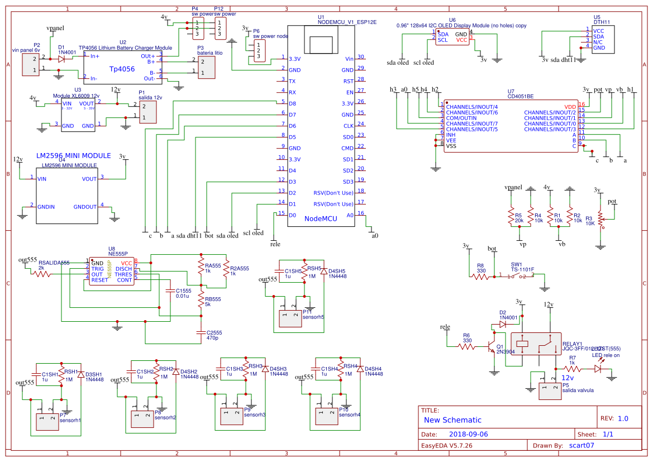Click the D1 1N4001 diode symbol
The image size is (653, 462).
(61, 59)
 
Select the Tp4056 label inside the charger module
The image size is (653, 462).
(121, 69)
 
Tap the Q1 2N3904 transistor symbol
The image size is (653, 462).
(492, 346)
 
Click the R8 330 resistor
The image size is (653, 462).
(481, 275)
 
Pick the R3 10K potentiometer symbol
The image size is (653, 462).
(600, 218)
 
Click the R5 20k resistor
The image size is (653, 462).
(510, 216)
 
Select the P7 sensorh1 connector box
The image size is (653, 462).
(47, 421)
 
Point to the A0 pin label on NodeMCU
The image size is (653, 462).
(350, 215)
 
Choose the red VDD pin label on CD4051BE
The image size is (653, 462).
(570, 106)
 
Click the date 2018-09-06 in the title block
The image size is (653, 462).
(468, 434)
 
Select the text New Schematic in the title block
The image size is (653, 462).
(452, 420)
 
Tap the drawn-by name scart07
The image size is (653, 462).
(581, 446)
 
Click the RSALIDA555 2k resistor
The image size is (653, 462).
(43, 274)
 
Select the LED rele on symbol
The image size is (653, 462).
(598, 369)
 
